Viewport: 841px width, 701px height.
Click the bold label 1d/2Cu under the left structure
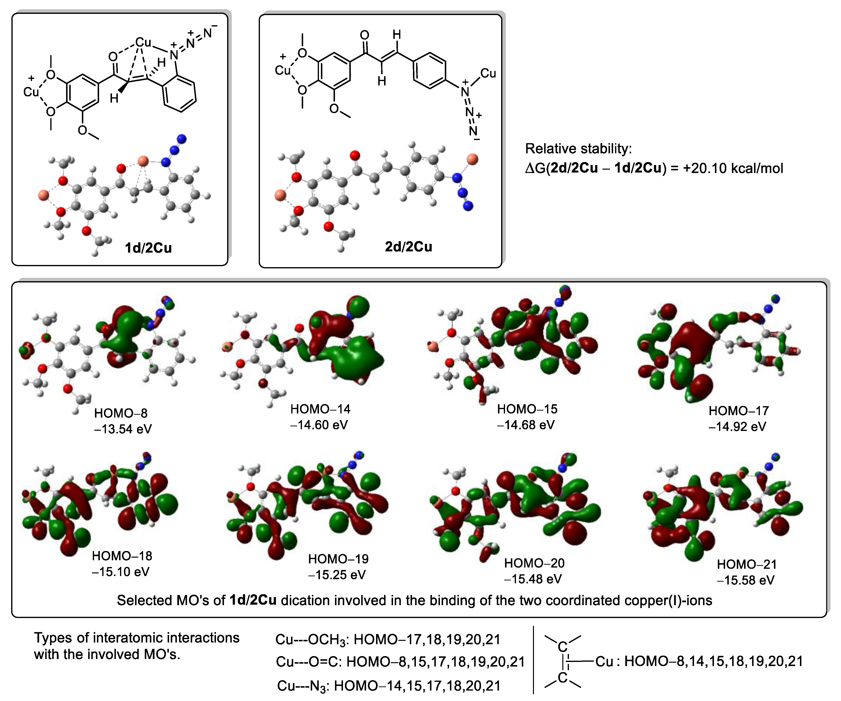[x=148, y=248]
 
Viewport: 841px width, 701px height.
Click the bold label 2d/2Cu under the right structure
[x=409, y=247]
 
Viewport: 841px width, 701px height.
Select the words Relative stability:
[x=578, y=148]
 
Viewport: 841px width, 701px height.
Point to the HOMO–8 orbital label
[x=121, y=413]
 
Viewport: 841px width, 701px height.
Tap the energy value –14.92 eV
[x=737, y=427]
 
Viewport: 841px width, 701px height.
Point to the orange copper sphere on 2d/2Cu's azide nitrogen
[x=473, y=159]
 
